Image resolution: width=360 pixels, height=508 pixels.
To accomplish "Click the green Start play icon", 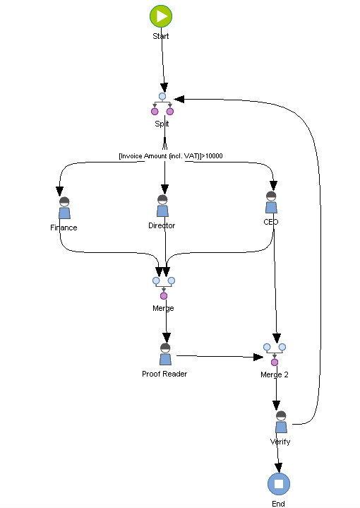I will pyautogui.click(x=161, y=16).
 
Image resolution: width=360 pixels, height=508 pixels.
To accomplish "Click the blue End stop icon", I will pyautogui.click(x=278, y=484).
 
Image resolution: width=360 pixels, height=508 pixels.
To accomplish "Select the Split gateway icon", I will pyautogui.click(x=162, y=104).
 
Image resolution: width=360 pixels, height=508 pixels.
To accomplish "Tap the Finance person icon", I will pyautogui.click(x=64, y=208).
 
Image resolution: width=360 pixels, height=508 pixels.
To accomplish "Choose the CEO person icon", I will pyautogui.click(x=271, y=202).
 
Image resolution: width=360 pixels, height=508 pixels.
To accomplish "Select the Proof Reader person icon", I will pyautogui.click(x=165, y=355).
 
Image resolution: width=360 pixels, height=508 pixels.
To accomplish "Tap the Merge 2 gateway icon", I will pyautogui.click(x=274, y=354).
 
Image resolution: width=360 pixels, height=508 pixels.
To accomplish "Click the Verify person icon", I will pyautogui.click(x=281, y=423).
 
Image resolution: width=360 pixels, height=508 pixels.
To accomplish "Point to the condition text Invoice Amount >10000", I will pyautogui.click(x=171, y=155).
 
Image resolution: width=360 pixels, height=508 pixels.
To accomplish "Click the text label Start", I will pyautogui.click(x=161, y=36).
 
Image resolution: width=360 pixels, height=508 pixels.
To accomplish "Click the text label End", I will pyautogui.click(x=278, y=504).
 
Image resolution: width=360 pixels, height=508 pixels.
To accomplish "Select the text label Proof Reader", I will pyautogui.click(x=164, y=374).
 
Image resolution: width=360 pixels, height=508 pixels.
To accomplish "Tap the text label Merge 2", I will pyautogui.click(x=274, y=374).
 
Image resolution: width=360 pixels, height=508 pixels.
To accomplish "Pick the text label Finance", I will pyautogui.click(x=64, y=228).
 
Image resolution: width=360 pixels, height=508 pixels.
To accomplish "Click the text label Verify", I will pyautogui.click(x=280, y=442).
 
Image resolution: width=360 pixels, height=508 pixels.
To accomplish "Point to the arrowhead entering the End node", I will pyautogui.click(x=279, y=468).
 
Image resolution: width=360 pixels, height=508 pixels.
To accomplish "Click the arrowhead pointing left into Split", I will pyautogui.click(x=181, y=99).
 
